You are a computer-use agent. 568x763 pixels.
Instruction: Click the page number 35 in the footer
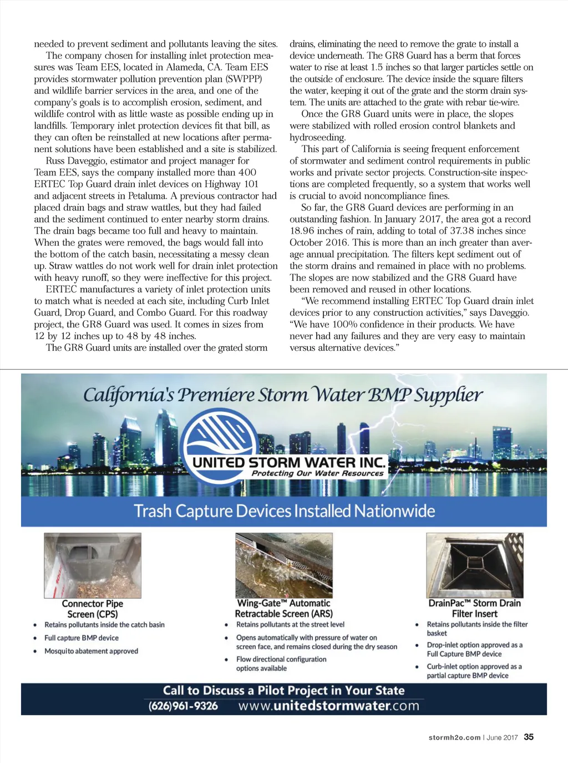point(529,737)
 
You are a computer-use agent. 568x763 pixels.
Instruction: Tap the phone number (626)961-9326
point(183,706)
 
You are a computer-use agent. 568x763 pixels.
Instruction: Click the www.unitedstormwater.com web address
point(328,706)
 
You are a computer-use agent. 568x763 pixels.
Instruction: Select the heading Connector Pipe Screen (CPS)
point(93,609)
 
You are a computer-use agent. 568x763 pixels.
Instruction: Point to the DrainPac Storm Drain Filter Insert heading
point(474,608)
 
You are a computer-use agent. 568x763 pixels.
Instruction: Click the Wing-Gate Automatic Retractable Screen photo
point(284,565)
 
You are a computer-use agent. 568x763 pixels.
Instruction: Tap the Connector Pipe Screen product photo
point(93,565)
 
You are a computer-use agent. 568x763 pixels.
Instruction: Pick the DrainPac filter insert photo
point(474,565)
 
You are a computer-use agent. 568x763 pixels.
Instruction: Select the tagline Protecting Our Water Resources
point(317,473)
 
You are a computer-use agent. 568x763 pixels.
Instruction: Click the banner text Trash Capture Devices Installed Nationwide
point(284,511)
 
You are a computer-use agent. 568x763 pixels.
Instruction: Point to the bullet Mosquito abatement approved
point(91,651)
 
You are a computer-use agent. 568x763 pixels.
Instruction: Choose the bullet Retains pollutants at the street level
point(290,624)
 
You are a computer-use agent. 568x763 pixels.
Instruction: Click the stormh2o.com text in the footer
point(454,737)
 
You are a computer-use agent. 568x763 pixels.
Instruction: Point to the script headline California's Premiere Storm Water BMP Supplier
point(283,395)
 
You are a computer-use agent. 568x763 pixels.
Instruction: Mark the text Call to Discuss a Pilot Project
point(283,690)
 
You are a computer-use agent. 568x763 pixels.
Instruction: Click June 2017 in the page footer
point(502,737)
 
